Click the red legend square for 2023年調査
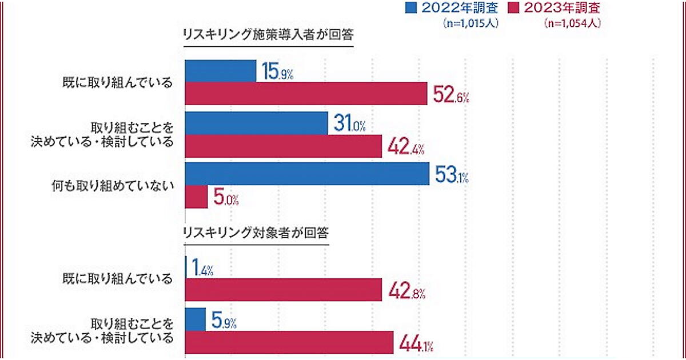[x=513, y=8]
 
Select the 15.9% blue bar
[x=220, y=71]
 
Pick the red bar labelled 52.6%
[x=306, y=94]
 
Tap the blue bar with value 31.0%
[x=256, y=123]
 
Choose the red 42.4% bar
[x=283, y=146]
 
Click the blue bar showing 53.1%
[x=307, y=174]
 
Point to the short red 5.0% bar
[x=196, y=197]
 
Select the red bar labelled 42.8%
[x=283, y=290]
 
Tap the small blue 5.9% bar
[x=196, y=319]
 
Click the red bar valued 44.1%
[x=289, y=343]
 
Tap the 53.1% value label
[x=451, y=176]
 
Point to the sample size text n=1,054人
[x=572, y=24]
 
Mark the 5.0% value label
[x=226, y=199]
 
